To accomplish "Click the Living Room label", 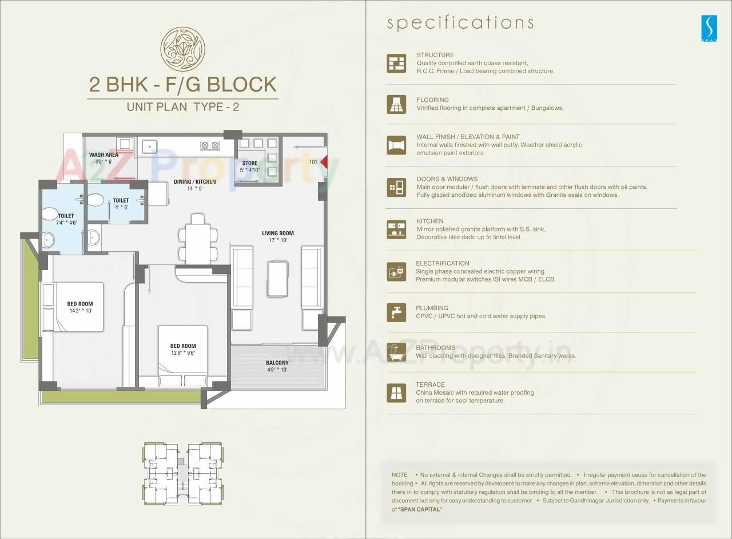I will (x=278, y=233).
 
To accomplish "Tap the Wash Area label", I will (x=104, y=154).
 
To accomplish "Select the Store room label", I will (x=249, y=164).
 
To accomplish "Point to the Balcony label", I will (x=277, y=363).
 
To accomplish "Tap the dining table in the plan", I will (x=197, y=239).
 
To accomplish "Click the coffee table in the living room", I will (x=277, y=279).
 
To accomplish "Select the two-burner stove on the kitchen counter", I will (x=210, y=145).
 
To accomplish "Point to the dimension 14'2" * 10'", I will (x=79, y=311).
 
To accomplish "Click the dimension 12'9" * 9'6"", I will (x=182, y=353).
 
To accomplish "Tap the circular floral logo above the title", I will (x=182, y=49).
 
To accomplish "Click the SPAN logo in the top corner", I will (x=709, y=27).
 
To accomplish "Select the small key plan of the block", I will (x=182, y=473).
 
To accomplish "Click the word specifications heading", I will (x=460, y=23).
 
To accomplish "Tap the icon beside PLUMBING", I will (x=396, y=312).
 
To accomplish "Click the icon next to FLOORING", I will (x=396, y=104).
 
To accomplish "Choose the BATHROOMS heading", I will (x=436, y=348).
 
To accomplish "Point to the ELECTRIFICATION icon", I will (x=396, y=271).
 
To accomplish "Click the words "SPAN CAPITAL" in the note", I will (x=420, y=509).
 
